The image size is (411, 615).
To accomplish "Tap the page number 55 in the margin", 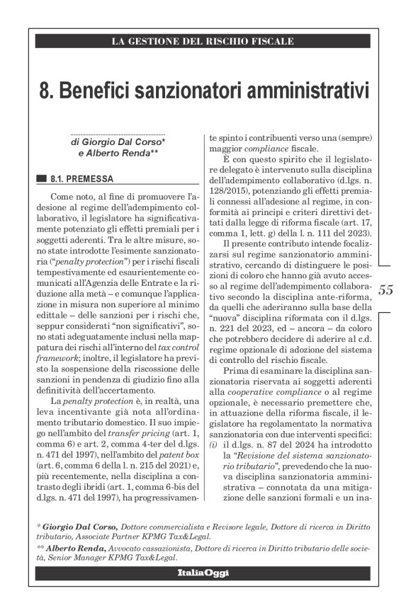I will click(386, 289).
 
